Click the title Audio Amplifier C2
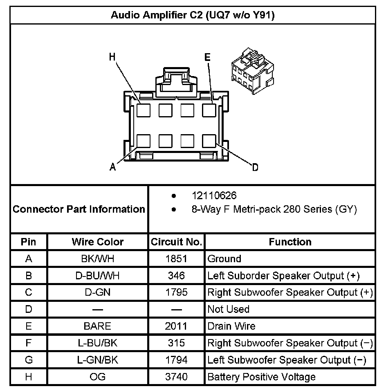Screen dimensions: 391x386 pyautogui.click(x=193, y=16)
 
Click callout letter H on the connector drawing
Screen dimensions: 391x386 pyautogui.click(x=112, y=57)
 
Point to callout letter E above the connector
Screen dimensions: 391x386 pyautogui.click(x=207, y=58)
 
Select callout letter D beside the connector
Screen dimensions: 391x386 pyautogui.click(x=255, y=167)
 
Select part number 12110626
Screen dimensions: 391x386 pyautogui.click(x=214, y=195)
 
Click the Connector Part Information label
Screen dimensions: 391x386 pyautogui.click(x=79, y=209)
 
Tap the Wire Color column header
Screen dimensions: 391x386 pyautogui.click(x=97, y=242)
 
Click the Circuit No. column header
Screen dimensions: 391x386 pyautogui.click(x=176, y=242)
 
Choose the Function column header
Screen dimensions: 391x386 pyautogui.click(x=290, y=242)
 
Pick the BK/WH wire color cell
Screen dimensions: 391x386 pyautogui.click(x=97, y=259)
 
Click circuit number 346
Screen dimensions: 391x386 pyautogui.click(x=176, y=276)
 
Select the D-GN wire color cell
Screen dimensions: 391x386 pyautogui.click(x=97, y=292)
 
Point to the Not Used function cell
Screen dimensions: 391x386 pyautogui.click(x=228, y=309)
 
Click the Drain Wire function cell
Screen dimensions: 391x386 pyautogui.click(x=231, y=326)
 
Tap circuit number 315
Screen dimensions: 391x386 pyautogui.click(x=176, y=343)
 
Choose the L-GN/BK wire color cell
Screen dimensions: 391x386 pyautogui.click(x=97, y=360)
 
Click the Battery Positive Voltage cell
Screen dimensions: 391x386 pyautogui.click(x=261, y=377)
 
